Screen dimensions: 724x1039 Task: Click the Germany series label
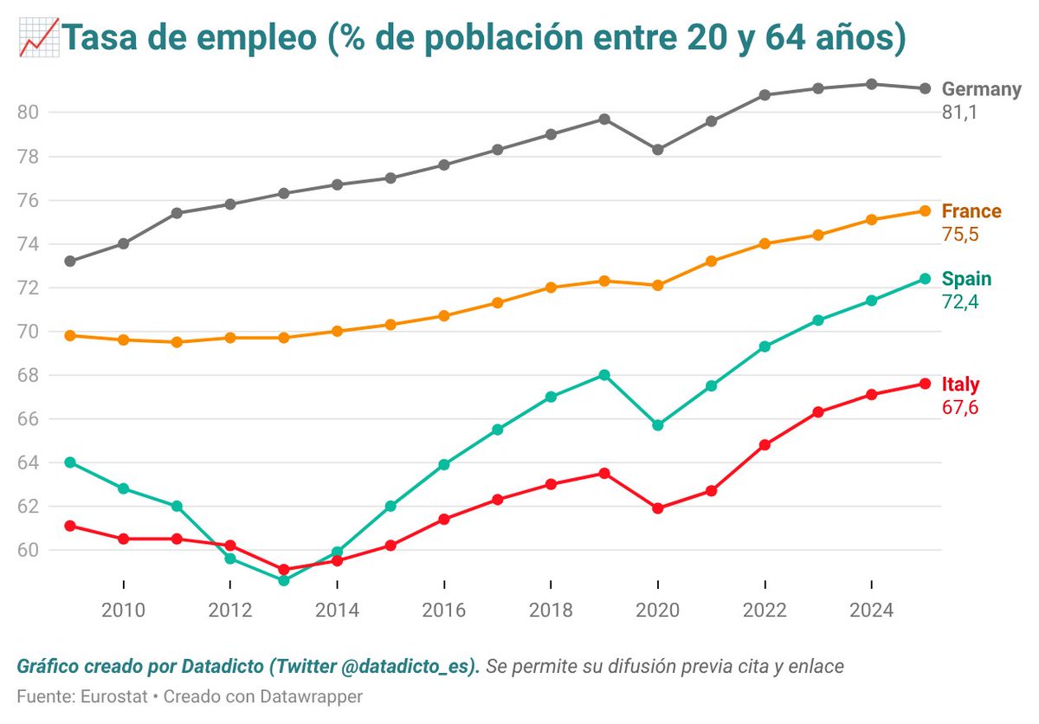[981, 89]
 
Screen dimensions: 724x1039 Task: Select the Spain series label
[966, 279]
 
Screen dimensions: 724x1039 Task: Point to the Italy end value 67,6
[959, 407]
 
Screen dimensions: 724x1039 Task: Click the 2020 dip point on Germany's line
[658, 150]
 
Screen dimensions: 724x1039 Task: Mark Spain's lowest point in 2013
[284, 580]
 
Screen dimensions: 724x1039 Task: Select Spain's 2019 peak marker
[604, 375]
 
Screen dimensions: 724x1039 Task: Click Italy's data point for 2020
[658, 508]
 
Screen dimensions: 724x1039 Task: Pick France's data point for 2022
[765, 243]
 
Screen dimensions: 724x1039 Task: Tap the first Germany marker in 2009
[70, 261]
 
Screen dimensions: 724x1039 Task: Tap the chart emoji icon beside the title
[36, 39]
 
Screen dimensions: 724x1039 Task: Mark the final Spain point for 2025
[925, 279]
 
